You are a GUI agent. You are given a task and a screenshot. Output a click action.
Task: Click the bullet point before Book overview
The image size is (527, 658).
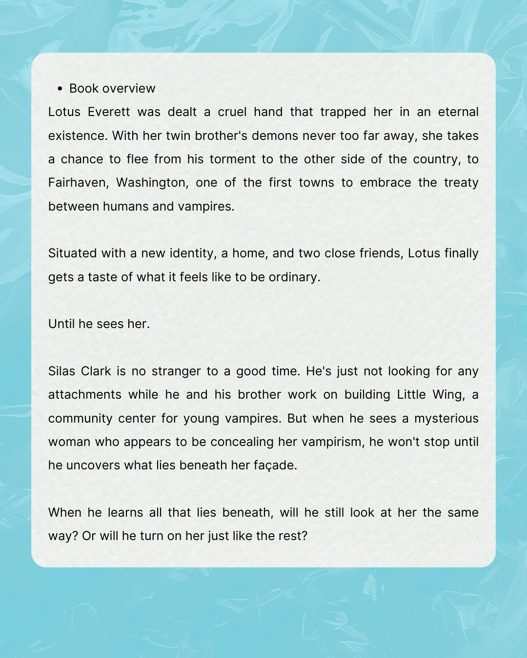[60, 89]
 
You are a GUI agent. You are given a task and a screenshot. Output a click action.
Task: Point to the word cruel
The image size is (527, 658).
[232, 112]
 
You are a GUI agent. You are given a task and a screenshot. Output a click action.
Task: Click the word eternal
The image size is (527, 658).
[458, 112]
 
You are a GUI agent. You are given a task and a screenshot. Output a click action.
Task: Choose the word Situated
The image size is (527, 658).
[72, 253]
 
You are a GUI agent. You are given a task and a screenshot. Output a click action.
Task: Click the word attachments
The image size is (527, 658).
[84, 395]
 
